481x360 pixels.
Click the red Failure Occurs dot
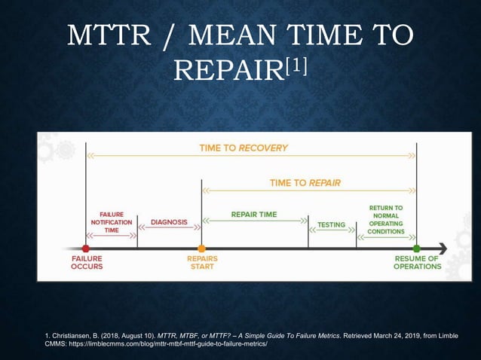(86, 249)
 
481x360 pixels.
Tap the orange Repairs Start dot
(201, 249)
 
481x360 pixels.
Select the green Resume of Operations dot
(416, 249)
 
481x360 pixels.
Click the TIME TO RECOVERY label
(244, 148)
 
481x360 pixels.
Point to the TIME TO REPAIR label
(305, 183)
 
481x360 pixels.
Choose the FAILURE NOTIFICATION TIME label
(111, 222)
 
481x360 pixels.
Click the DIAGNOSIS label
(169, 222)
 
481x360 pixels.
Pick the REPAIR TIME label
(254, 215)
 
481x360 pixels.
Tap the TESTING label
(331, 224)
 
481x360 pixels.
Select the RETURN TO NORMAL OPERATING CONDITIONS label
(385, 219)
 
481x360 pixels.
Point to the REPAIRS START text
(202, 262)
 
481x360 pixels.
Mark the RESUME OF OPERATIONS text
(417, 262)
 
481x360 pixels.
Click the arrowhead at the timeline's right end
(443, 249)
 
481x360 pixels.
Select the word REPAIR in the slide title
(227, 70)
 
